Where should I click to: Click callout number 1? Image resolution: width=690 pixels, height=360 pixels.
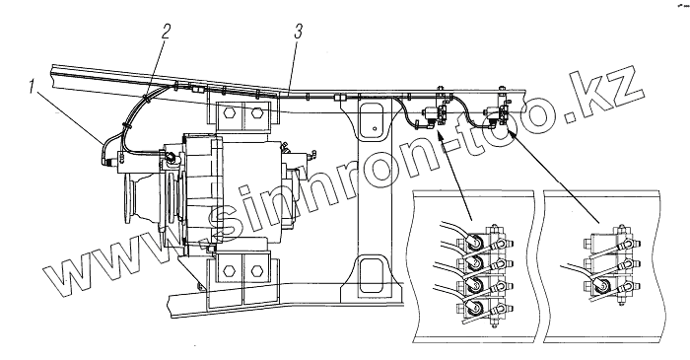pos(32,86)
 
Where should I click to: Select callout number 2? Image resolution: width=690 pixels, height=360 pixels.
pos(166,32)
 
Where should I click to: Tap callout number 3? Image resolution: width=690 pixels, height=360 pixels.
pos(299,32)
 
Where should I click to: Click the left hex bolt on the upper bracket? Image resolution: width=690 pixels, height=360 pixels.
pos(228,112)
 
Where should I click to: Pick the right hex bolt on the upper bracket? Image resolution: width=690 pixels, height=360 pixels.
pos(257,112)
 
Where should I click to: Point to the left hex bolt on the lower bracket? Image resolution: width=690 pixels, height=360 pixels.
pos(228,270)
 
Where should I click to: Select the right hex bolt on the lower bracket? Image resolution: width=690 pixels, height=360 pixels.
pos(257,270)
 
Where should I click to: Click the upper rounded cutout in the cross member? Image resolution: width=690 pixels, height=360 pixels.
pos(372,120)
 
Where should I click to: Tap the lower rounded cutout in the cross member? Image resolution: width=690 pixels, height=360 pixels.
pos(372,276)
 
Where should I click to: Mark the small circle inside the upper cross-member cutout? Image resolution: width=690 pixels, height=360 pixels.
pos(374,129)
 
